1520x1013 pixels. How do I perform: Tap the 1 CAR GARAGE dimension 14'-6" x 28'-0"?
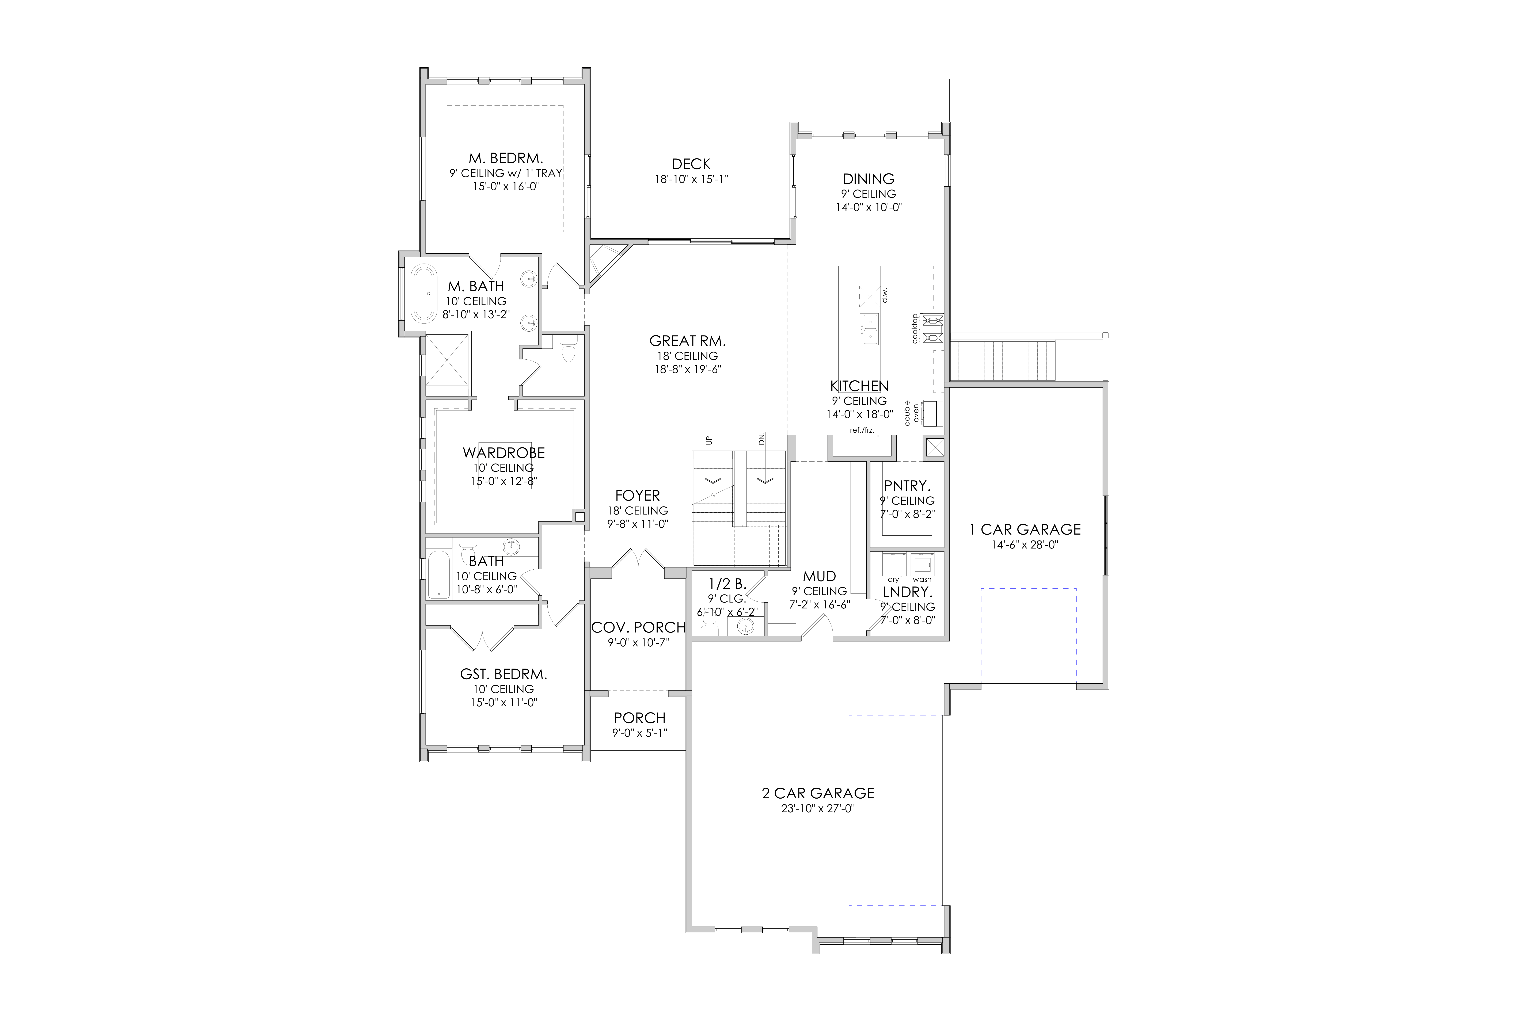coord(1025,545)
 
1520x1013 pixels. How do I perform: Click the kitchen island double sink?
coord(869,329)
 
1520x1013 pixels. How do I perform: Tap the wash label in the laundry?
coord(922,580)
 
